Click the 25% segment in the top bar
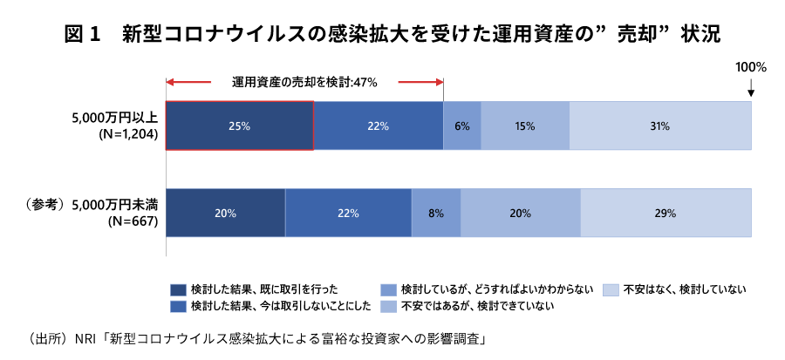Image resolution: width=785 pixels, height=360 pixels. point(239,126)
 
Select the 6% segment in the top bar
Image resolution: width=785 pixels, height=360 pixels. point(462,126)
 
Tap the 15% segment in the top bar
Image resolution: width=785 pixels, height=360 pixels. point(524,126)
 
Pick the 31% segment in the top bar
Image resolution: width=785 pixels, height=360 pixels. point(659,126)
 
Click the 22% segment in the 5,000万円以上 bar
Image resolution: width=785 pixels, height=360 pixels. point(378,126)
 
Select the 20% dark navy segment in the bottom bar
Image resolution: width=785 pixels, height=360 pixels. point(225,213)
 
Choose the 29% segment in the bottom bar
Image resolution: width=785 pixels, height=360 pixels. point(666,213)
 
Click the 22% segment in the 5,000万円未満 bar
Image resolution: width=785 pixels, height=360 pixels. point(348,213)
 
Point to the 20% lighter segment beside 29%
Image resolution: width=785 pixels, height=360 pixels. point(520,213)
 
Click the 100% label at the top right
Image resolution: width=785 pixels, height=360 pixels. point(750,66)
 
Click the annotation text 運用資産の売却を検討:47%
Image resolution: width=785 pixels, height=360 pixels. point(304,82)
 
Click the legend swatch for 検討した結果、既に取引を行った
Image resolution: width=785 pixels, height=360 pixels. point(178,289)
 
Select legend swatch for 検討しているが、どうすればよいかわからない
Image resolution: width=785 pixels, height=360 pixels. point(388,289)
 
